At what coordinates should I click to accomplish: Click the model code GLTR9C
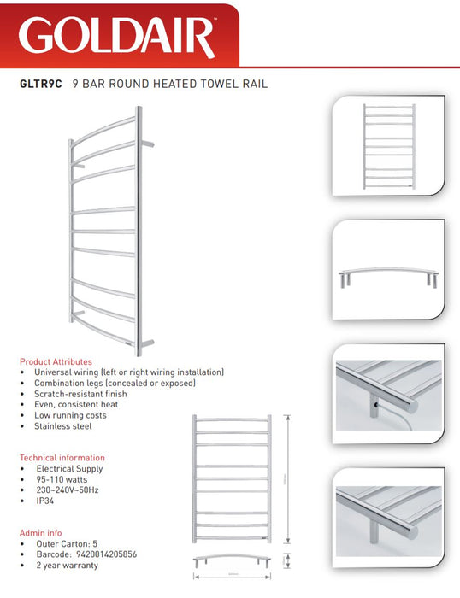click(39, 85)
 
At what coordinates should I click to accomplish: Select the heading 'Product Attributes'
click(56, 361)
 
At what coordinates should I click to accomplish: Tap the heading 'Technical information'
click(62, 458)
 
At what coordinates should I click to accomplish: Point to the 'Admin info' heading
click(42, 530)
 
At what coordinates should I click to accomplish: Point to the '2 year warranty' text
click(73, 564)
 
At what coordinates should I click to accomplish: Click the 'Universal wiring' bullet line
click(128, 372)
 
